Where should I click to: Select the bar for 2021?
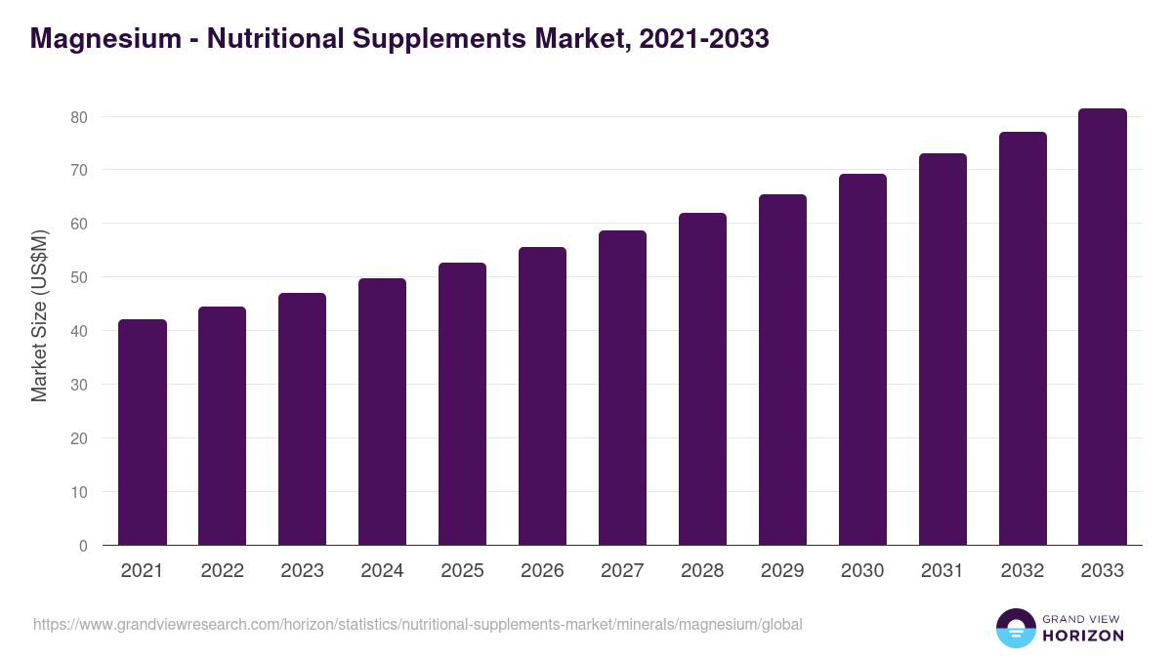click(143, 432)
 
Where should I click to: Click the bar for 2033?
click(1103, 327)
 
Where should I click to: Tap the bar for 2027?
click(622, 388)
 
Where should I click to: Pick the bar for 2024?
click(382, 412)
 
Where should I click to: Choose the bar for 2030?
click(862, 359)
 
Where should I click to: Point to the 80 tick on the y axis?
click(79, 117)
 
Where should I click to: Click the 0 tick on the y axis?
click(83, 546)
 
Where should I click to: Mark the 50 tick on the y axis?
click(79, 277)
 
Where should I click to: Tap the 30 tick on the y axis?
click(79, 385)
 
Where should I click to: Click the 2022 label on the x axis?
click(222, 571)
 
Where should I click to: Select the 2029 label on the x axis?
click(782, 571)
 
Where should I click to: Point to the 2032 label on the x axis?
click(1023, 571)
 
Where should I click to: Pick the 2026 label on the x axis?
click(542, 571)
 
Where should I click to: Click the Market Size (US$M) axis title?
click(39, 316)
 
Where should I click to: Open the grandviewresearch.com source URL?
click(418, 624)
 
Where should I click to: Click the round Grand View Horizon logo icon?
click(1016, 629)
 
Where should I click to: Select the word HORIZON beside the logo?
click(1083, 636)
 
